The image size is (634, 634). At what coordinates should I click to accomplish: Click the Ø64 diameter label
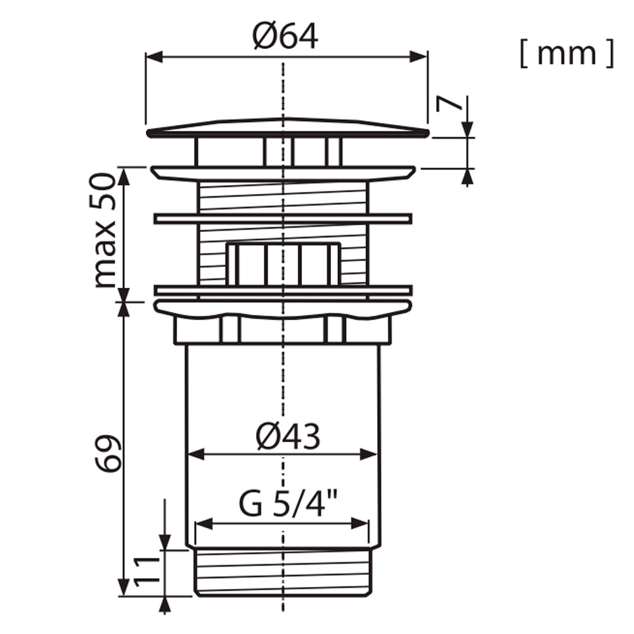pos(285,36)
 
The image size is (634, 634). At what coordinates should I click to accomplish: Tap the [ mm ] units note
pos(567,53)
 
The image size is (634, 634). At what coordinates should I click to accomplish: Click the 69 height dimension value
pos(108,454)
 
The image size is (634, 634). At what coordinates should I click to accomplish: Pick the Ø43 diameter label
pos(288,436)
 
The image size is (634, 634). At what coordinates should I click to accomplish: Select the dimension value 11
pos(147,572)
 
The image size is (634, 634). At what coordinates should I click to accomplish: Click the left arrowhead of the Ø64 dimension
pos(154,57)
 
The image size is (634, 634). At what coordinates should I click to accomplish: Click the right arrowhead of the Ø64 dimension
pos(418,57)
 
